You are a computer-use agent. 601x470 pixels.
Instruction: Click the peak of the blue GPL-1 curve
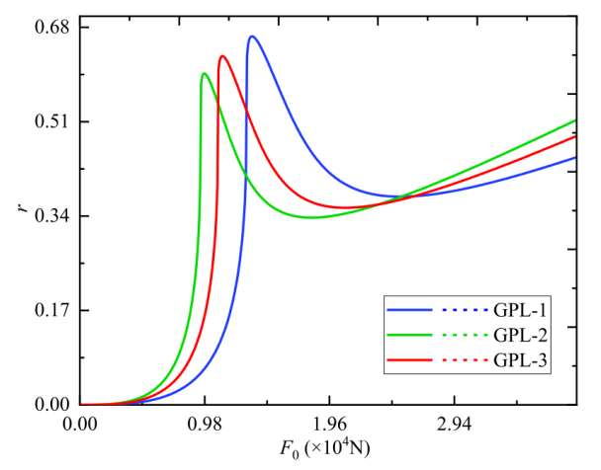252,37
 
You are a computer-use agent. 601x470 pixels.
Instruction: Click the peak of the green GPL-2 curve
204,73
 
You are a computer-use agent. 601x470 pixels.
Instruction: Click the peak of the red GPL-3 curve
222,55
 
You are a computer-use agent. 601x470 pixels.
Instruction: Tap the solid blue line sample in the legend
409,309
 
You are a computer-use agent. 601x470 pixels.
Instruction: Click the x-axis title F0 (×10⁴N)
327,450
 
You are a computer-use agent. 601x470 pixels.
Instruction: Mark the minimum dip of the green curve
311,217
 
